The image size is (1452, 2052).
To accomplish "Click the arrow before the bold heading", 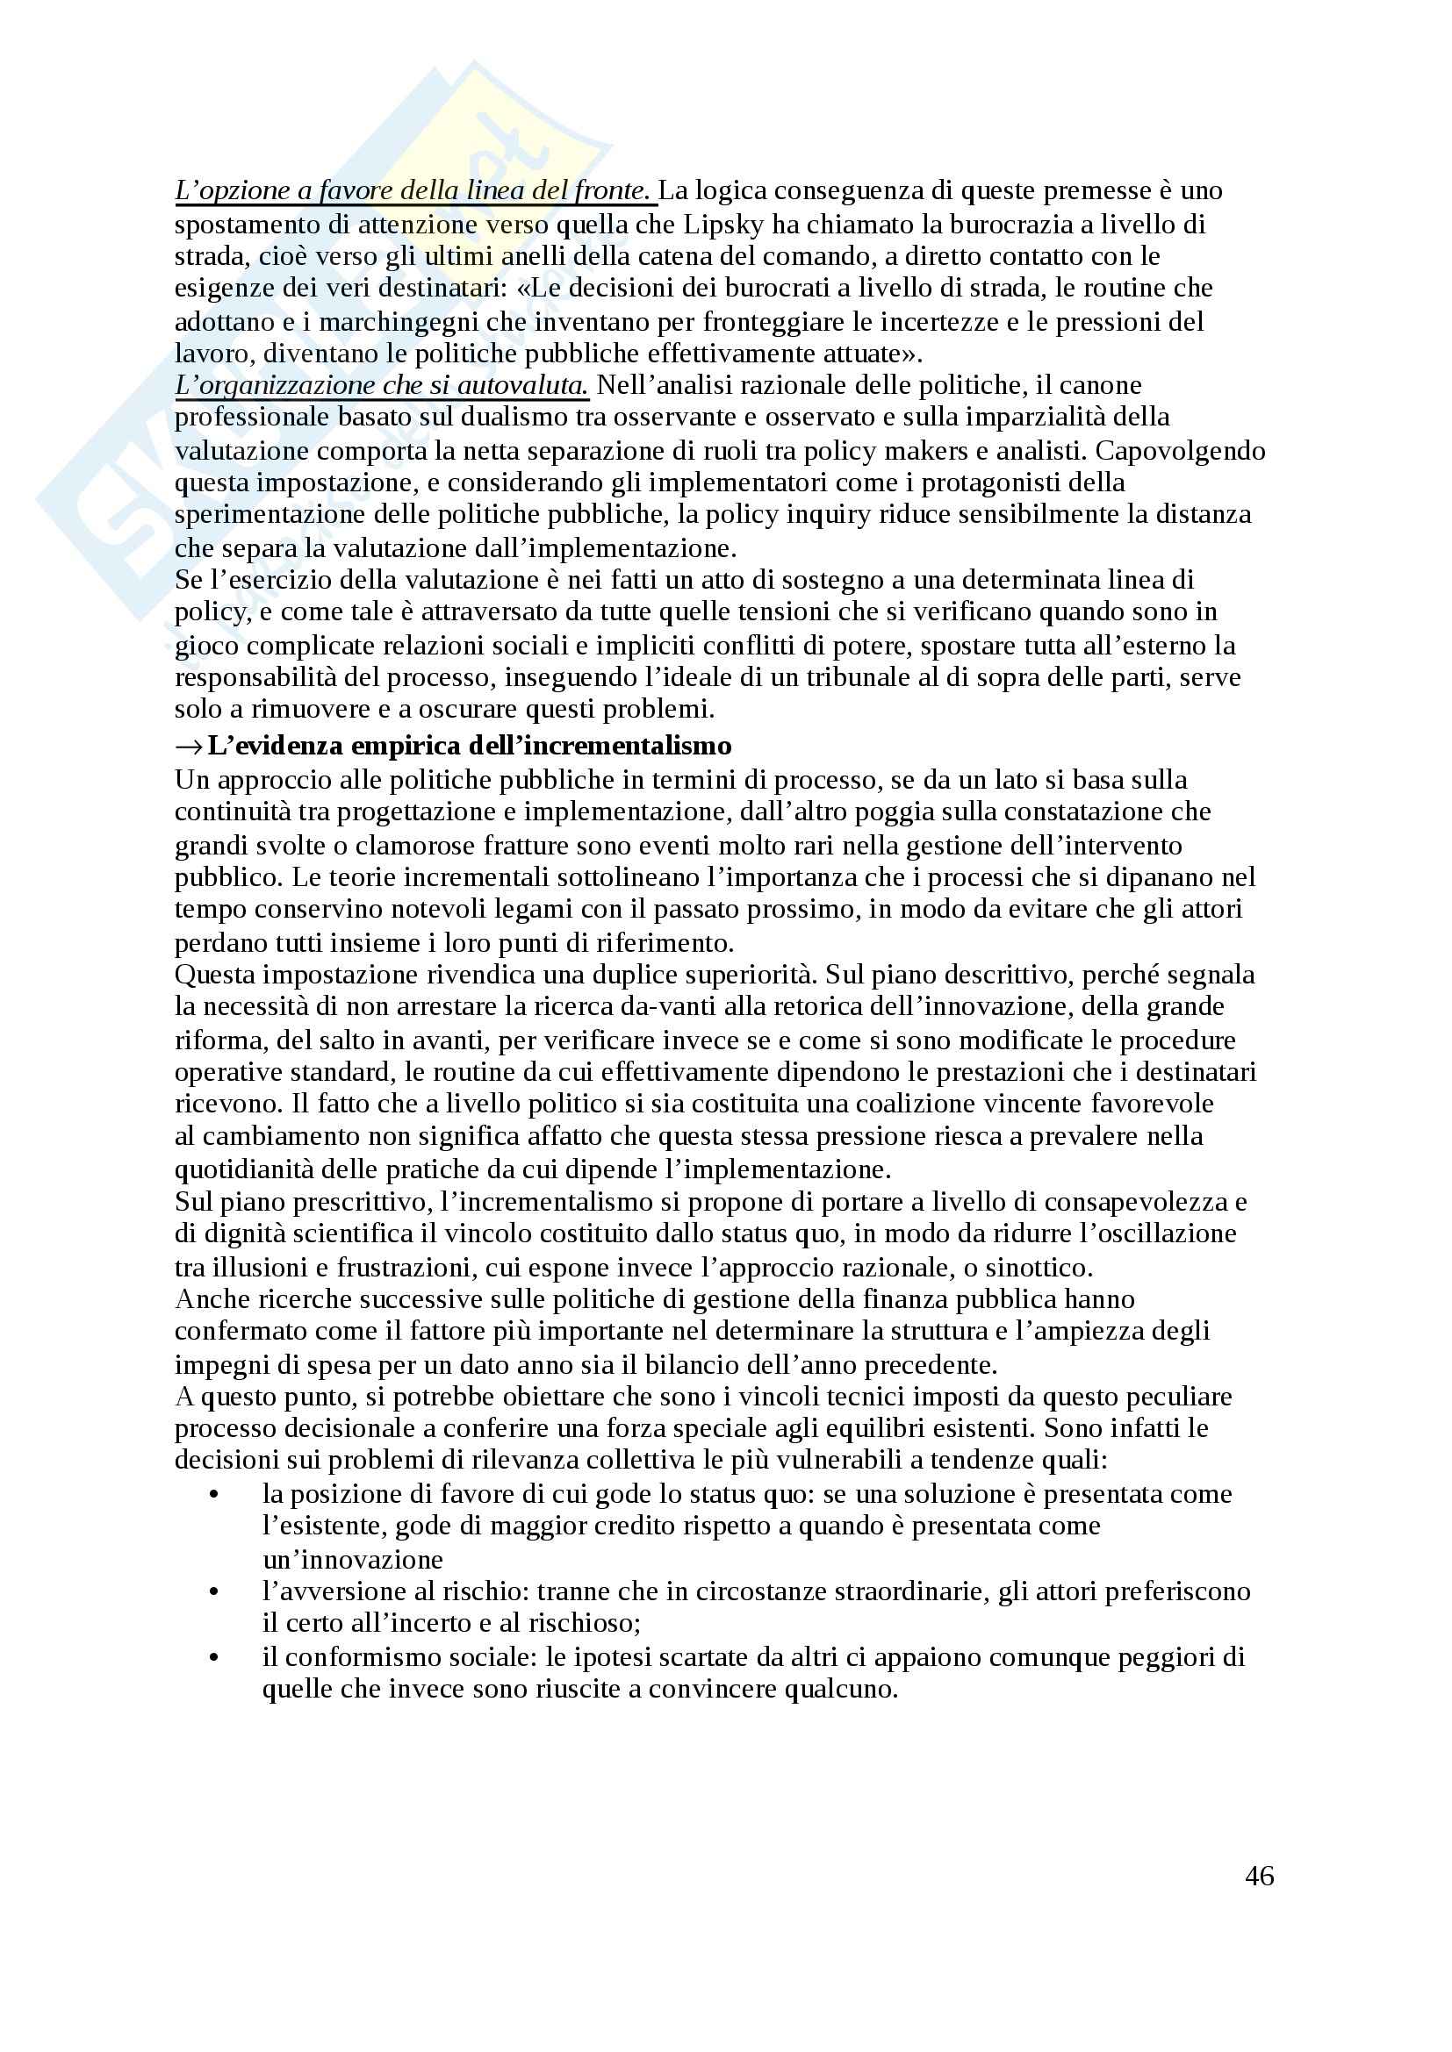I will point(188,746).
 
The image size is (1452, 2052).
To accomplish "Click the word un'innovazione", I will point(353,1560).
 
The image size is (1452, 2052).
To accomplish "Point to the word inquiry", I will point(820,515).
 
